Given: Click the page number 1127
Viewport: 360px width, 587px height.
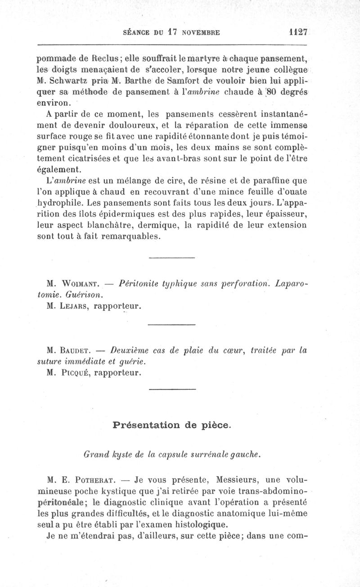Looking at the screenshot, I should click(x=298, y=32).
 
